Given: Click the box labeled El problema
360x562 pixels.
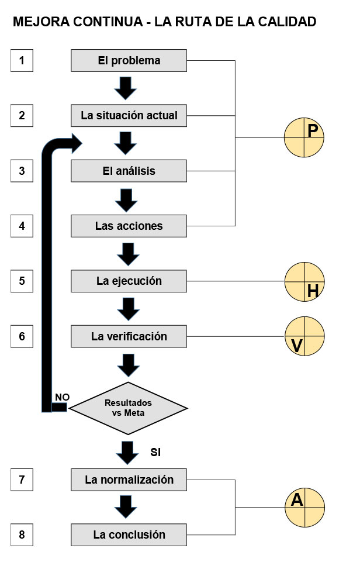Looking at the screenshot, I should click(x=129, y=60).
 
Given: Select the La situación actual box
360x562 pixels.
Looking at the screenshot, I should click(x=129, y=115).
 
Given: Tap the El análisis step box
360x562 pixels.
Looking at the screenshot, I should click(x=129, y=171).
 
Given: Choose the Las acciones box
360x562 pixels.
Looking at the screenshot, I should click(x=129, y=226).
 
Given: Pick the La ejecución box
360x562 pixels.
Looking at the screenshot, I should click(x=129, y=281).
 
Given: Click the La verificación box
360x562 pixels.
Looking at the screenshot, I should click(x=129, y=336).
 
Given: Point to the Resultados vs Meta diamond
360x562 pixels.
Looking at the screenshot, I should click(x=128, y=408).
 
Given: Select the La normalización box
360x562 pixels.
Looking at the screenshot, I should click(x=129, y=480).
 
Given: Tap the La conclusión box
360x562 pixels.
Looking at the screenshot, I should click(x=129, y=535).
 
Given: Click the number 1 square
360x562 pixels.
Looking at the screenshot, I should click(x=22, y=60).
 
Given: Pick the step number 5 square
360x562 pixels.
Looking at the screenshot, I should click(x=22, y=281).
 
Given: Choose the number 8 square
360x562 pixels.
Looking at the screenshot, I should click(x=22, y=535).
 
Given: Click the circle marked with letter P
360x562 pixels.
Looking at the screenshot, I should click(x=304, y=137).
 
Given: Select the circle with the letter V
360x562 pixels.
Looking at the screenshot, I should click(x=304, y=337).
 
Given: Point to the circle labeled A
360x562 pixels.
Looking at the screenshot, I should click(x=304, y=506).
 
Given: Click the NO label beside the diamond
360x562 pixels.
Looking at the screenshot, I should click(x=62, y=397).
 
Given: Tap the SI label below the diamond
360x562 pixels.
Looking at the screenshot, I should click(x=155, y=452).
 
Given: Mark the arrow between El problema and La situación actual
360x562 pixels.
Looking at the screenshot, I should click(x=126, y=88).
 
